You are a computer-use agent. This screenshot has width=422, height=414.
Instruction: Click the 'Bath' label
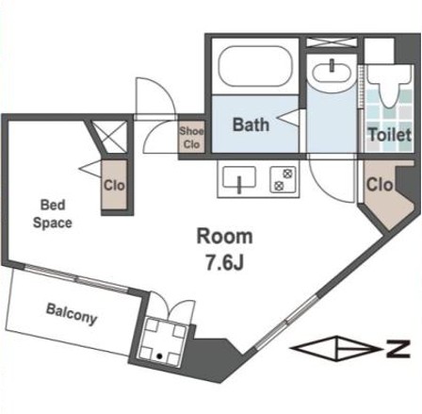click(251, 124)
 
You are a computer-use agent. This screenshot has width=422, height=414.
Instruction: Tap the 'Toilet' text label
click(390, 135)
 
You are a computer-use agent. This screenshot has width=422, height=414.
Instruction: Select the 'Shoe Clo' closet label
click(191, 138)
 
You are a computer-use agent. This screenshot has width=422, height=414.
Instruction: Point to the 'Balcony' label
click(72, 314)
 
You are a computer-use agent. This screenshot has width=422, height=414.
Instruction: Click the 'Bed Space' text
click(53, 214)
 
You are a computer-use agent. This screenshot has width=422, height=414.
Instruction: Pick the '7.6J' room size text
click(224, 262)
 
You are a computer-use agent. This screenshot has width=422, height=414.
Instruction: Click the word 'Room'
click(224, 237)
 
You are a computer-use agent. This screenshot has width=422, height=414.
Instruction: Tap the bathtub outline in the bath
click(255, 66)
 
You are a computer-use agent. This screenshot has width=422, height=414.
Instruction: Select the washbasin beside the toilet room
click(331, 72)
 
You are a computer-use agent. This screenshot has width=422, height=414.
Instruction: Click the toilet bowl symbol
click(389, 86)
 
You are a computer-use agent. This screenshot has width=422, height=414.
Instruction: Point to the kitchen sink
click(239, 178)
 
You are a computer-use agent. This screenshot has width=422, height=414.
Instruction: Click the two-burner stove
click(283, 179)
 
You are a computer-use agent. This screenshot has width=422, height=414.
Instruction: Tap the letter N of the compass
click(398, 349)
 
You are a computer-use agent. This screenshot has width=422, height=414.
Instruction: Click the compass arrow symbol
click(335, 348)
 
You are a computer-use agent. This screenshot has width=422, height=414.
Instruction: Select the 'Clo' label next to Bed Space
click(114, 186)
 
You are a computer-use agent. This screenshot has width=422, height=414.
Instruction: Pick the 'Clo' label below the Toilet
click(380, 185)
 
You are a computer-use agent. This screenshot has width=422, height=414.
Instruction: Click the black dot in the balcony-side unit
click(159, 356)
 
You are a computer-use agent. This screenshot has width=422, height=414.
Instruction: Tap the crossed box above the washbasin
click(332, 42)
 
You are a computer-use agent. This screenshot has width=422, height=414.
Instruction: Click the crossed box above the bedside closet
click(110, 137)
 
